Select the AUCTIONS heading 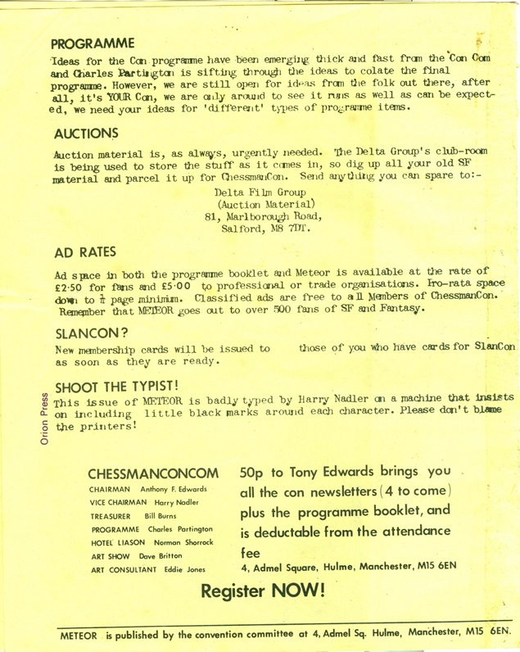[85, 133]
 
